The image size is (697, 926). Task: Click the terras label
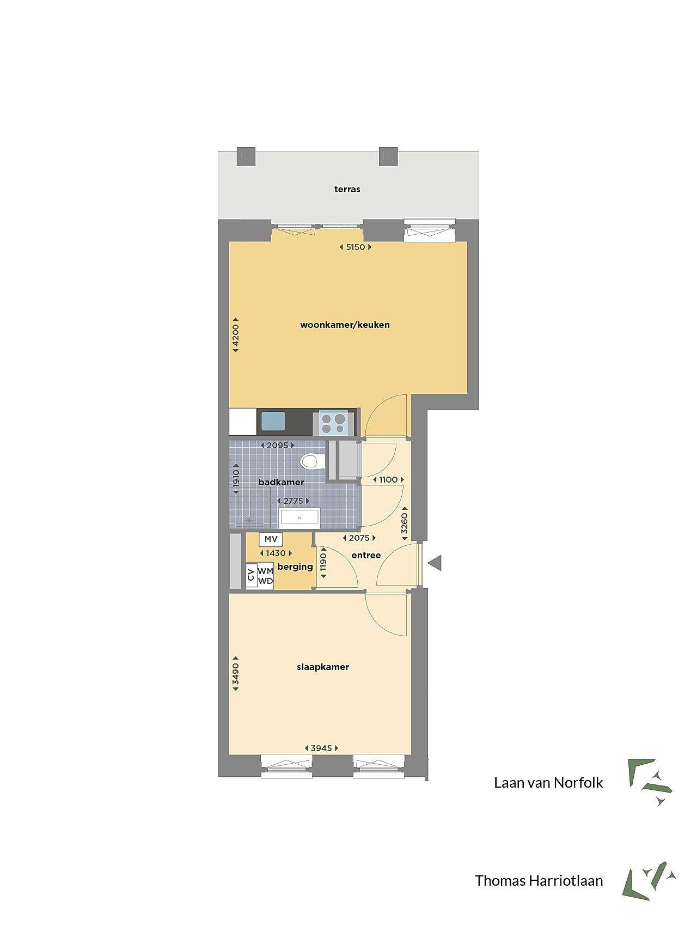click(347, 190)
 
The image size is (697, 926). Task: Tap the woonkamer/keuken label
click(345, 325)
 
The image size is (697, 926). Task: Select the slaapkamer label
click(323, 667)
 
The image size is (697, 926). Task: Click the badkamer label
click(282, 482)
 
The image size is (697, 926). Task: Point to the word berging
click(295, 567)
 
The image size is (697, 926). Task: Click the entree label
click(366, 556)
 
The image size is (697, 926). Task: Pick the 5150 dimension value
click(355, 247)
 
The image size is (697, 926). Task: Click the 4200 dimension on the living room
click(236, 336)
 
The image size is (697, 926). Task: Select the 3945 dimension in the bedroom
click(321, 748)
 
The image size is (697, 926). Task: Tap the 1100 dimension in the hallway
click(388, 480)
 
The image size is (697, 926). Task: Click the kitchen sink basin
click(273, 422)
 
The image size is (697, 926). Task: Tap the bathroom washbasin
click(299, 518)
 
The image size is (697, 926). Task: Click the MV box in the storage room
click(271, 539)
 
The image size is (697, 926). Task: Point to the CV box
click(251, 576)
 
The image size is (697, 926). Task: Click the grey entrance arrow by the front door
click(435, 563)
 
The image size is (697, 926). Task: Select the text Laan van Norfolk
click(548, 783)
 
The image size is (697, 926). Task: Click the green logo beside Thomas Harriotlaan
click(649, 881)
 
